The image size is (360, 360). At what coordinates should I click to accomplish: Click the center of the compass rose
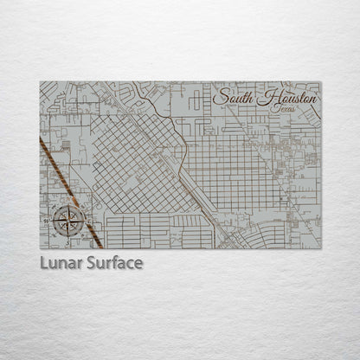(x=68, y=222)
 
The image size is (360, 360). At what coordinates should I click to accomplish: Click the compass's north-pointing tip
(x=68, y=203)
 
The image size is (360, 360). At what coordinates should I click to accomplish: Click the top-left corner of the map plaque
(x=40, y=82)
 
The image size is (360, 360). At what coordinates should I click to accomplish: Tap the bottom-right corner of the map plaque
(x=320, y=248)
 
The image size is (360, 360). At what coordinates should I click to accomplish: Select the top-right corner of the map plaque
(x=320, y=82)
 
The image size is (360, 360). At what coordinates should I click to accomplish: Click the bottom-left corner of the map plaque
(x=40, y=248)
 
